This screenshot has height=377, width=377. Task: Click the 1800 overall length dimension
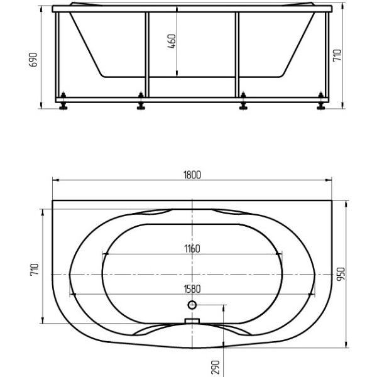tap(192, 175)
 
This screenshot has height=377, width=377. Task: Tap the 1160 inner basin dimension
tap(192, 249)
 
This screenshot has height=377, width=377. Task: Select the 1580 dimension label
tap(192, 289)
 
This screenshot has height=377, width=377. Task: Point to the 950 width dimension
tap(341, 274)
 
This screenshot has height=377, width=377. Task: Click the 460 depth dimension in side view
tap(172, 41)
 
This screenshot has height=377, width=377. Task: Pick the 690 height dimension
tap(33, 60)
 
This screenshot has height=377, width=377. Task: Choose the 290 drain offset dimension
tap(216, 367)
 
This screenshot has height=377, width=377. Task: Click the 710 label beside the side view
tap(337, 55)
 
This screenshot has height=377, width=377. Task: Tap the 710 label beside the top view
tap(35, 270)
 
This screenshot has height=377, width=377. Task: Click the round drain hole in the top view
tap(192, 305)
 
